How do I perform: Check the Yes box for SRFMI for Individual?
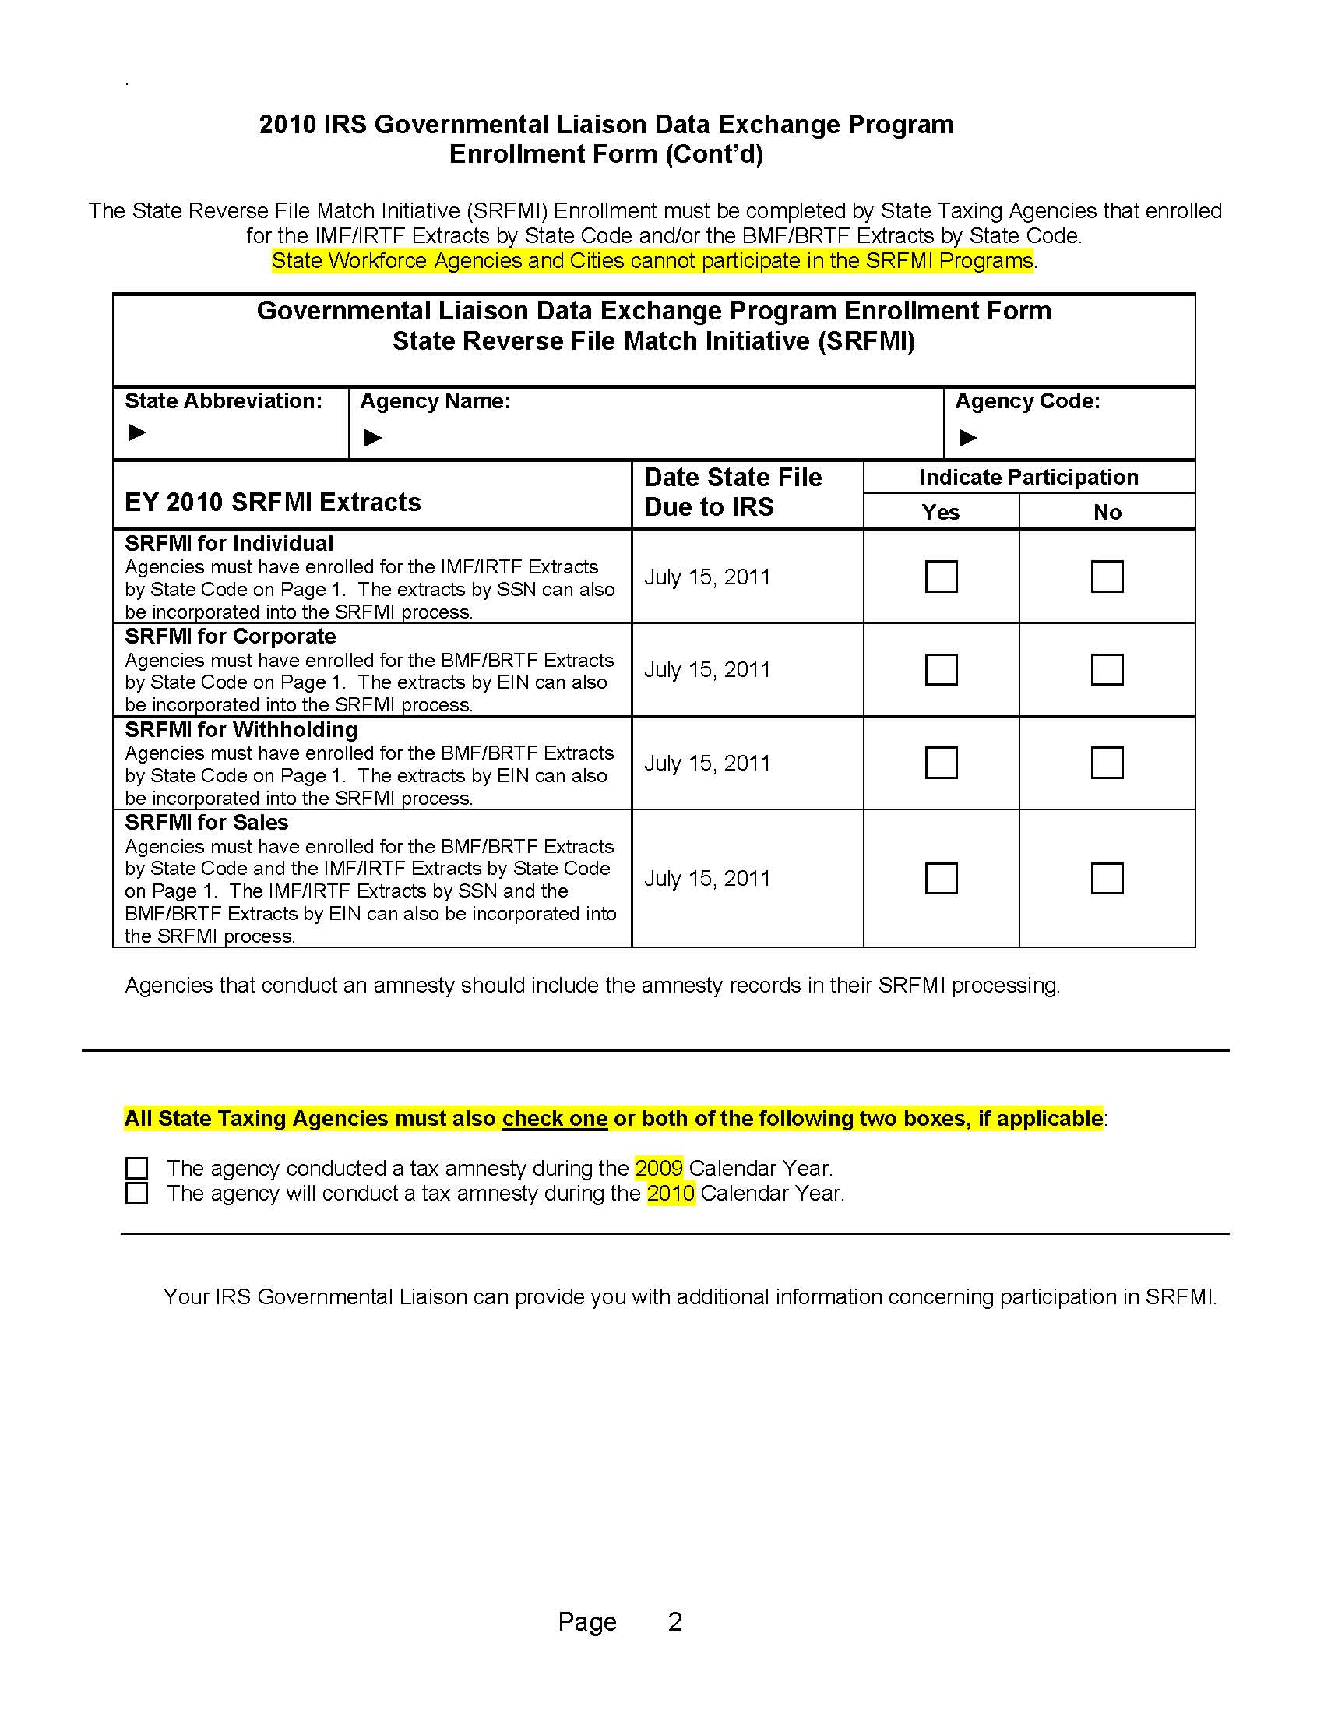coord(941,576)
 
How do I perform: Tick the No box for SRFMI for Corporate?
coord(1107,669)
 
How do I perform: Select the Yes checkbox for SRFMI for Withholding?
coord(941,762)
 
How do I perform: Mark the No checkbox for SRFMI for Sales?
coord(1107,878)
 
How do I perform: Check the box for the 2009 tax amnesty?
coord(136,1168)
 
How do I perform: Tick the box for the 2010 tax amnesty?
coord(136,1193)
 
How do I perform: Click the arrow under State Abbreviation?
coord(136,432)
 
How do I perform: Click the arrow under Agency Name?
coord(372,437)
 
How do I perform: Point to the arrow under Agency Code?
coord(968,437)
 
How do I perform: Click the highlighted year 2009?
coord(659,1168)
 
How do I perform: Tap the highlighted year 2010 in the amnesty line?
coord(671,1193)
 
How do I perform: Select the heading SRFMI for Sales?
coord(206,823)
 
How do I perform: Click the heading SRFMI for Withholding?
coord(241,730)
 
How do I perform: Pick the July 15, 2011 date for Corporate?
coord(706,669)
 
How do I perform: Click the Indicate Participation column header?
coord(1028,477)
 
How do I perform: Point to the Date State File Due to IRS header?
coord(733,492)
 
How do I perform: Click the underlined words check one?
coord(555,1118)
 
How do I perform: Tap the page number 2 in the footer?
coord(674,1621)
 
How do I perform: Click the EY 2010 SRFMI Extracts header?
coord(272,503)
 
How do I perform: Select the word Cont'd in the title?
coord(713,153)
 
